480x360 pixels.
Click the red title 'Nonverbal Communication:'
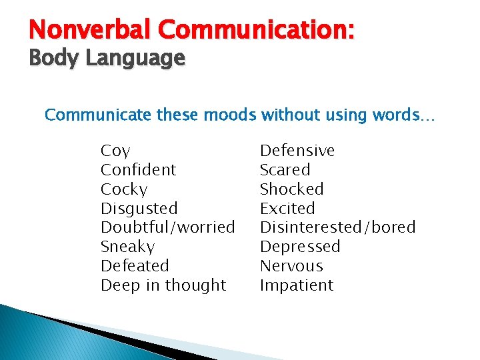192,30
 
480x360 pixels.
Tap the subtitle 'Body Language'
107,59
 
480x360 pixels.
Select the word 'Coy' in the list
115,151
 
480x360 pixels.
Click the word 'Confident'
138,170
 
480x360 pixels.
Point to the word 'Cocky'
124,189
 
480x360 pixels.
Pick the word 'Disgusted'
139,209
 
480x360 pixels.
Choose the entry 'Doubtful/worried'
167,227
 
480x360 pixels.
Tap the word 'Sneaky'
127,247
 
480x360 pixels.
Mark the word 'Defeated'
135,266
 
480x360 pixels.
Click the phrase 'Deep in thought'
163,285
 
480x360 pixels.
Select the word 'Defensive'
297,151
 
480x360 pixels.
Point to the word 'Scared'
285,170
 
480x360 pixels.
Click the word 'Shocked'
291,189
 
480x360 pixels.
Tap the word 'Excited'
287,209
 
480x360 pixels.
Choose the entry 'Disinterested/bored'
337,227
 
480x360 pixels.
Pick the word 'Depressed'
299,247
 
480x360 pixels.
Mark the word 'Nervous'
291,266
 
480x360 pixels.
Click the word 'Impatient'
296,285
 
